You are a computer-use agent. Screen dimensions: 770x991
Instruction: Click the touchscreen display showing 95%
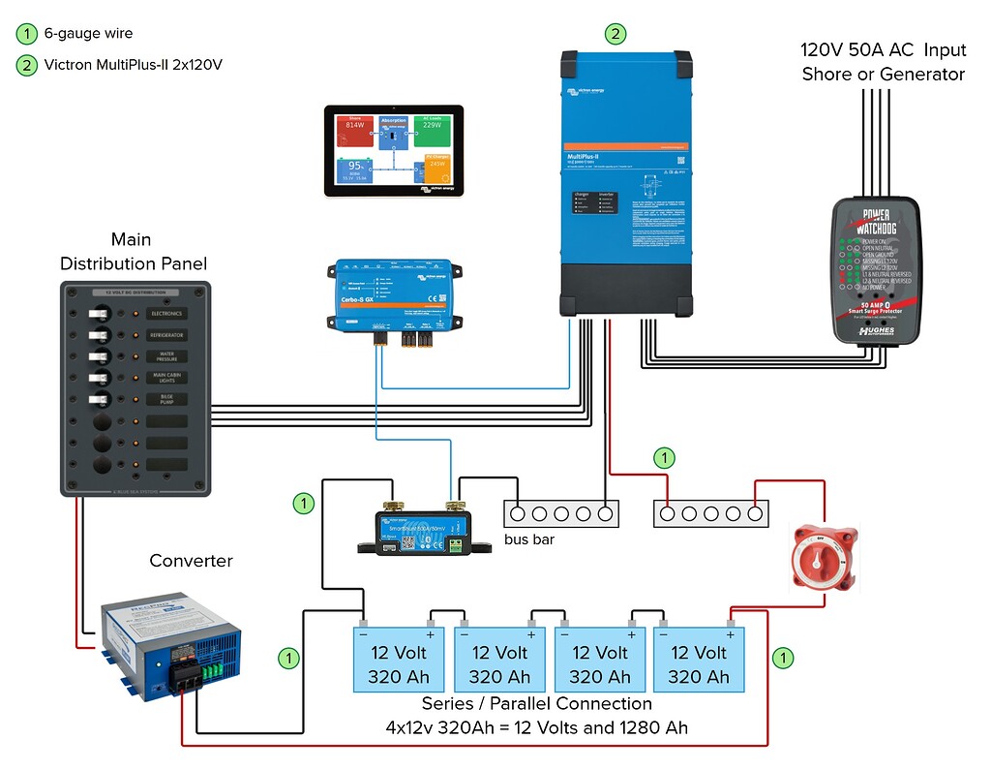(393, 150)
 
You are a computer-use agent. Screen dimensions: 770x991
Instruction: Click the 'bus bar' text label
(529, 539)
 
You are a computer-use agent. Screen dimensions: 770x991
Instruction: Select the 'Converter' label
(191, 561)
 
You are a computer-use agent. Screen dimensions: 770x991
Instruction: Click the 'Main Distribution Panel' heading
(133, 252)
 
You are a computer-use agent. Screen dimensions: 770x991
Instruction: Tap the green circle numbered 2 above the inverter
(615, 34)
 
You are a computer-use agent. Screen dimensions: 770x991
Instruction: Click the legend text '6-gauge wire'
(88, 34)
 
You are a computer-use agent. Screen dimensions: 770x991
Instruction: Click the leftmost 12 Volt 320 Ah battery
(399, 663)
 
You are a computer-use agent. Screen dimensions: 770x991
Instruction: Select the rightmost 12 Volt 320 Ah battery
(698, 663)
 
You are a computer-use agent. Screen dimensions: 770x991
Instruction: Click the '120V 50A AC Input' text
(882, 49)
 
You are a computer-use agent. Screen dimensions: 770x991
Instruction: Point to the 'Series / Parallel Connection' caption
(536, 703)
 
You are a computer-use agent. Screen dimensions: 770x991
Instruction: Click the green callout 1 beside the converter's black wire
(288, 659)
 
